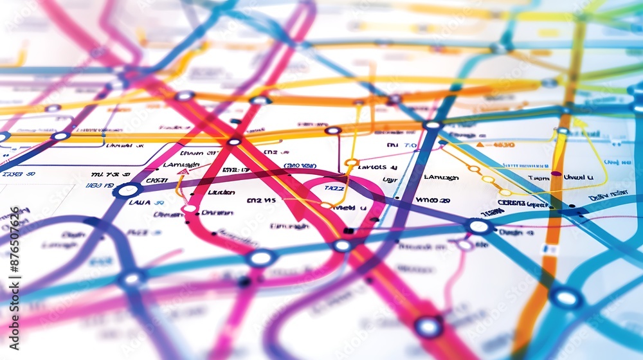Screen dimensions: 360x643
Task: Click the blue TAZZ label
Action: (334, 188)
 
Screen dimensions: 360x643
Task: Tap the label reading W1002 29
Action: (432, 200)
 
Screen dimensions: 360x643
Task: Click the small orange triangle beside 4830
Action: (480, 145)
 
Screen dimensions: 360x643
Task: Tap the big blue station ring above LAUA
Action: (127, 190)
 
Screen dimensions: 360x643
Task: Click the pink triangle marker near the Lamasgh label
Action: (183, 172)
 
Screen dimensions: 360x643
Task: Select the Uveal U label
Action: (578, 177)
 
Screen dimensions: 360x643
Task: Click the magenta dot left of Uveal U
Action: (556, 174)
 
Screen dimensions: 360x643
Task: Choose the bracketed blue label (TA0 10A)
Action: (300, 166)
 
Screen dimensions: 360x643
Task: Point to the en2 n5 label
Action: (261, 200)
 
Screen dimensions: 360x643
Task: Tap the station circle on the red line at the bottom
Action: (428, 327)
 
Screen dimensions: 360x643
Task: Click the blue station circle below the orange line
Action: (566, 297)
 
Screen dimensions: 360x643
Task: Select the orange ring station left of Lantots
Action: (351, 163)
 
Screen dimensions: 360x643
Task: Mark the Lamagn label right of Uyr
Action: (441, 177)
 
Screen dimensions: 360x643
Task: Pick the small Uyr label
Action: (390, 180)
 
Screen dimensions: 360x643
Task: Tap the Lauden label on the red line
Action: (221, 192)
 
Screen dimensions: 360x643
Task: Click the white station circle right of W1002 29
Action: (478, 226)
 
